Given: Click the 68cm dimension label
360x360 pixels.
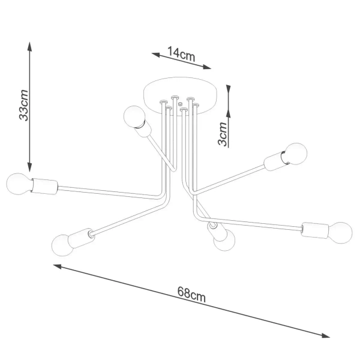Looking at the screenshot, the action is coord(191,294).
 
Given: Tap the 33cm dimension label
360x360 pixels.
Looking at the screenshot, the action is coord(23,105).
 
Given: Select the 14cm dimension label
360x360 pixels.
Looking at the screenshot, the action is coord(181,54).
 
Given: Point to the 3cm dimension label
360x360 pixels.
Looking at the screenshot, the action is coord(223,134).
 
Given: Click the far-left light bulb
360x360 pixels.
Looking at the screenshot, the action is coord(18,184).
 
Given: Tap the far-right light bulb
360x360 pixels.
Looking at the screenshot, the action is coord(340,233).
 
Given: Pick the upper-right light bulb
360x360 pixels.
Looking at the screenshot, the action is coord(296,154).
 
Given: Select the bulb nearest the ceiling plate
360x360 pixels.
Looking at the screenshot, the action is coord(134,116).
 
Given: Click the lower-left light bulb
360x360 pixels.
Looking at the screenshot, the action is coord(62,245).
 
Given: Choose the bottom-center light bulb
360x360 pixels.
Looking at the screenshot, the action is coord(224,240).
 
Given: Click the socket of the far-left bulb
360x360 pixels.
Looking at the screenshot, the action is coord(44,186).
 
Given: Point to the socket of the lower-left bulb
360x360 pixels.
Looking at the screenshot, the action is coord(81,238).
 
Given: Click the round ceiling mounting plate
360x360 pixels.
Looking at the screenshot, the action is coord(180,96).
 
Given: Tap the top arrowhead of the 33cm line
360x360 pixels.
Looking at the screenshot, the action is coord(29,46).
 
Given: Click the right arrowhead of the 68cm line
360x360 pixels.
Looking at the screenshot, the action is coord(325,335).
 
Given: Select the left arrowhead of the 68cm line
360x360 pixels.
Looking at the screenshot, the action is coord(58,266).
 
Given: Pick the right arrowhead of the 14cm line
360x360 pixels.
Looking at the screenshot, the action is coord(206,67).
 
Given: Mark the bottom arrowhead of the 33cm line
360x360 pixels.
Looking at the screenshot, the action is coord(29,167).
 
